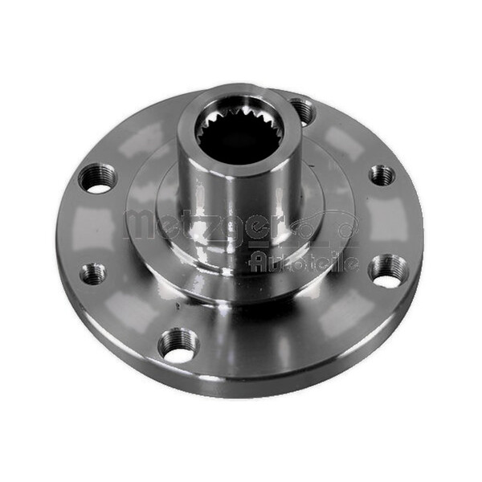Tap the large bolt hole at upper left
(x=98, y=178)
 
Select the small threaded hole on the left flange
(x=93, y=274)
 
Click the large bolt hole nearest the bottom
(x=178, y=345)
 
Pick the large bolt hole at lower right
(x=389, y=271)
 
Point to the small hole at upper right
(x=382, y=174)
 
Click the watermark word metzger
(x=201, y=226)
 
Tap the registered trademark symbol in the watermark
(x=347, y=230)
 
